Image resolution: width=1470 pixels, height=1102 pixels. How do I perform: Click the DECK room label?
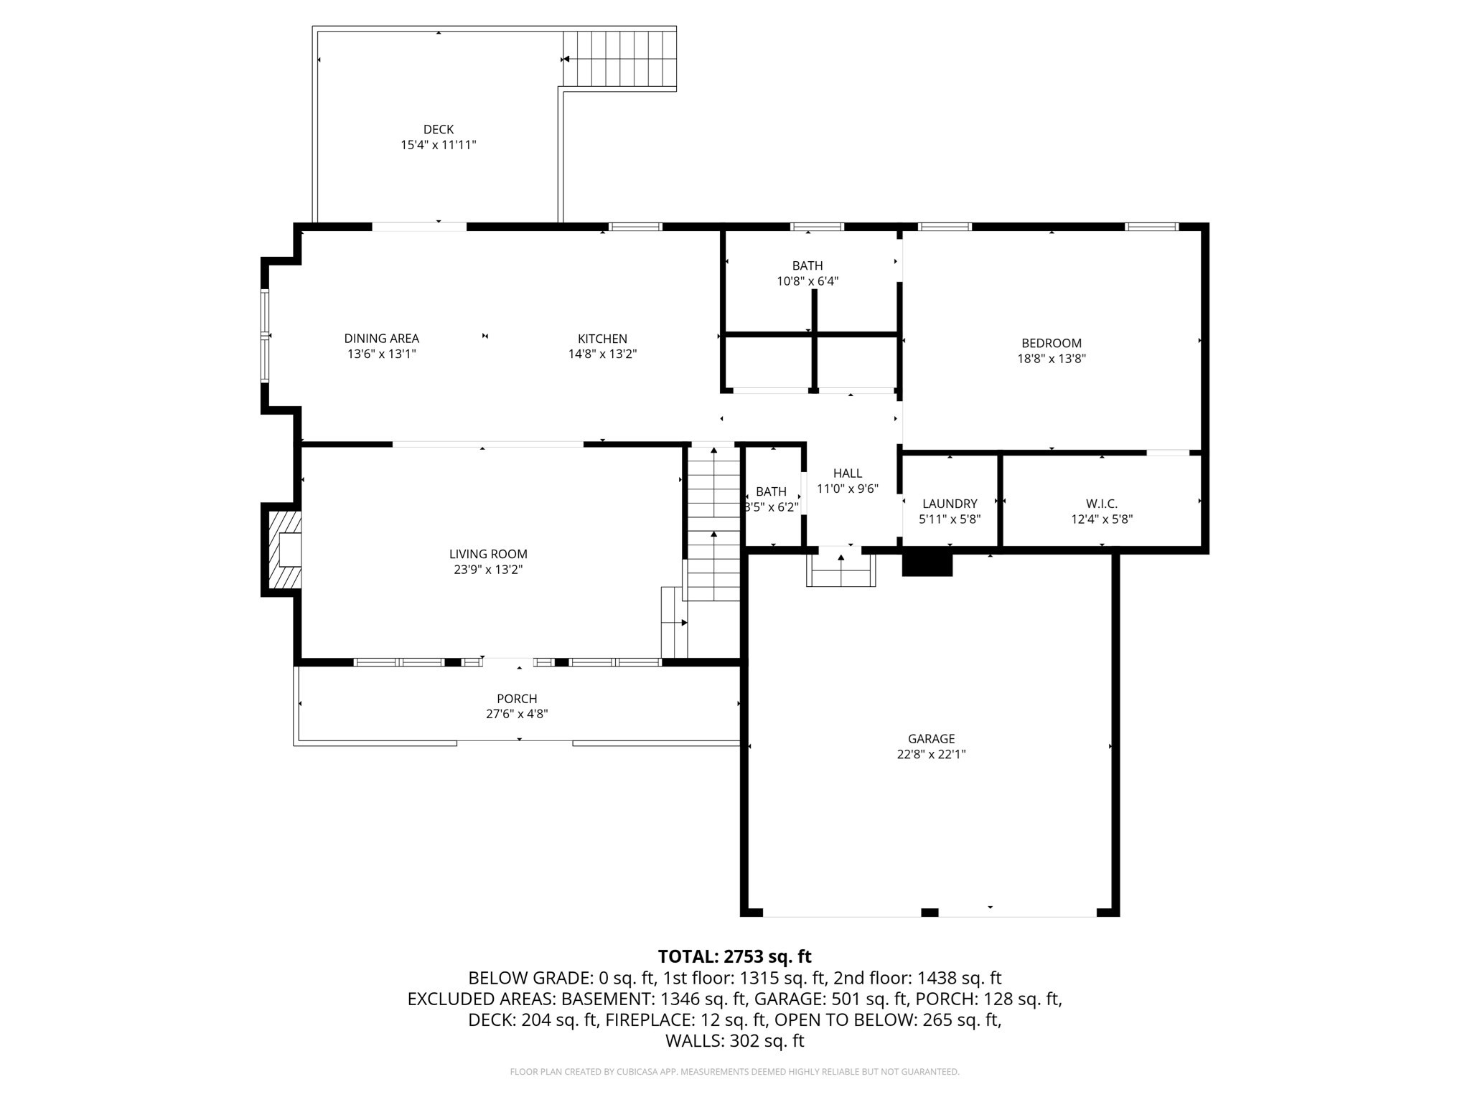click(x=438, y=129)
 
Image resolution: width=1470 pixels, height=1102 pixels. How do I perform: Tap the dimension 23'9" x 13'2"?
click(x=488, y=570)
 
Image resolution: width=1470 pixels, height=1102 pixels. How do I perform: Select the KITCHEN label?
click(x=602, y=339)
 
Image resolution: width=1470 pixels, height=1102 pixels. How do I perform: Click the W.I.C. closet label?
click(x=1101, y=504)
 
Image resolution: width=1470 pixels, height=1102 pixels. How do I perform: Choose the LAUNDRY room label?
click(x=949, y=504)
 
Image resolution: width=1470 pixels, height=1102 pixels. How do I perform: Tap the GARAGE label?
click(x=931, y=738)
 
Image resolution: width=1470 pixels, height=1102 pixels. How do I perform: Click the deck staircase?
click(x=619, y=59)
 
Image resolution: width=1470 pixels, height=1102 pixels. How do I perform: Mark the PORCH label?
click(x=517, y=699)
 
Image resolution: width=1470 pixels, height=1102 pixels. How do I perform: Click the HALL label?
click(x=847, y=474)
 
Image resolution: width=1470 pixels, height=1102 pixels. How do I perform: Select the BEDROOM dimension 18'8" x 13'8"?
click(x=1051, y=359)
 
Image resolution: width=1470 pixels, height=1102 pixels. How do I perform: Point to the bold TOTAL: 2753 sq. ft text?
click(x=734, y=956)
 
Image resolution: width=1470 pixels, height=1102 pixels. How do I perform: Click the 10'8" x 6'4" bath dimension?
click(x=807, y=281)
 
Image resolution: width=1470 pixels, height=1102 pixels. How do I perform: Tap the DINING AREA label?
click(x=381, y=339)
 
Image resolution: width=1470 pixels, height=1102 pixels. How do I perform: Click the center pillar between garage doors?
click(x=930, y=912)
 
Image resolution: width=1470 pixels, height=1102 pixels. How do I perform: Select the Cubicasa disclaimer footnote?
click(x=734, y=1072)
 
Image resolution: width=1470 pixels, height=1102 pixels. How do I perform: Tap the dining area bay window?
click(x=265, y=335)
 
